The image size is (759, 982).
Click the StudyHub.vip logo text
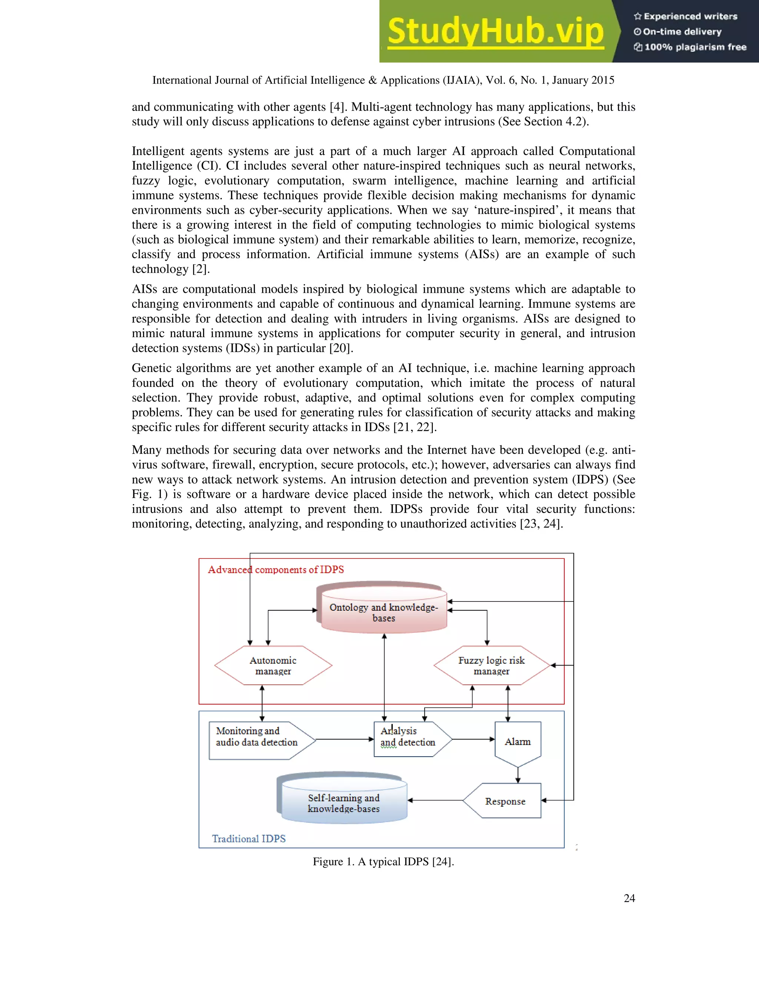(495, 31)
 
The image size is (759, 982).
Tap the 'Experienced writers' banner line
(686, 17)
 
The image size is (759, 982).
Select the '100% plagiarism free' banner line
(690, 47)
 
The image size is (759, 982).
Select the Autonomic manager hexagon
(273, 666)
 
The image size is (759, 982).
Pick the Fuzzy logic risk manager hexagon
(491, 666)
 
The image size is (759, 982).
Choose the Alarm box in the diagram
(517, 742)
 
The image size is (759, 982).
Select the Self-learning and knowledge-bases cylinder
(344, 803)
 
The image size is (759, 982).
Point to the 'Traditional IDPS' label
(249, 839)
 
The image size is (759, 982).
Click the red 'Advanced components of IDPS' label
(276, 570)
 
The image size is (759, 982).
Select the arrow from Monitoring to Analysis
(344, 739)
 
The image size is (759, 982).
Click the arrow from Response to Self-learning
(435, 800)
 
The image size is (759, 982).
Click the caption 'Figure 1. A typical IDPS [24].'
(383, 862)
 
